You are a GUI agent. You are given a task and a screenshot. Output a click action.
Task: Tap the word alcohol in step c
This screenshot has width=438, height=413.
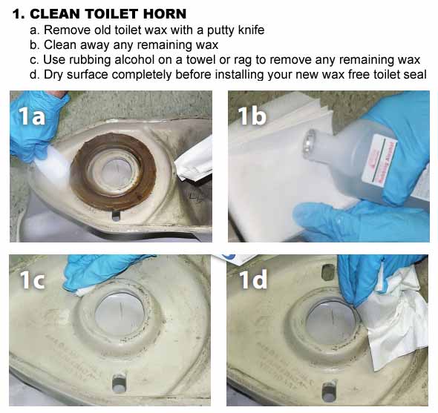coord(134,59)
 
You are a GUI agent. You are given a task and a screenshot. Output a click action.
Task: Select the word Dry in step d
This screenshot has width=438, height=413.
coord(53,75)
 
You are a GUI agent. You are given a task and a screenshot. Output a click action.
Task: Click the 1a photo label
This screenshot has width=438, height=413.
coord(31,116)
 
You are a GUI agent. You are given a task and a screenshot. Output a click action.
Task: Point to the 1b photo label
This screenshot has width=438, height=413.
coord(252,116)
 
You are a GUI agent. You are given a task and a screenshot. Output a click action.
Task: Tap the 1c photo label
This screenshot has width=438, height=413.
coord(32,280)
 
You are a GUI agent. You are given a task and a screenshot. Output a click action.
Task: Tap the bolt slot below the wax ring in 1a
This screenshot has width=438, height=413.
coord(116,216)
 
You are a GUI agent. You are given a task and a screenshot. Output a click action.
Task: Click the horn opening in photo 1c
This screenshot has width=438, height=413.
coord(120,313)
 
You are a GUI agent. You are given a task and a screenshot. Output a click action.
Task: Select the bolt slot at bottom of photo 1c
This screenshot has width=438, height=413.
coord(119,383)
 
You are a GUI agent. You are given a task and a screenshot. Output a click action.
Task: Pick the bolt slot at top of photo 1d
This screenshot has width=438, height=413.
coord(329,271)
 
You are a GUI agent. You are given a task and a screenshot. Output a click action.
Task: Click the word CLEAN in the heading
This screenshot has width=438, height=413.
coord(56,13)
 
